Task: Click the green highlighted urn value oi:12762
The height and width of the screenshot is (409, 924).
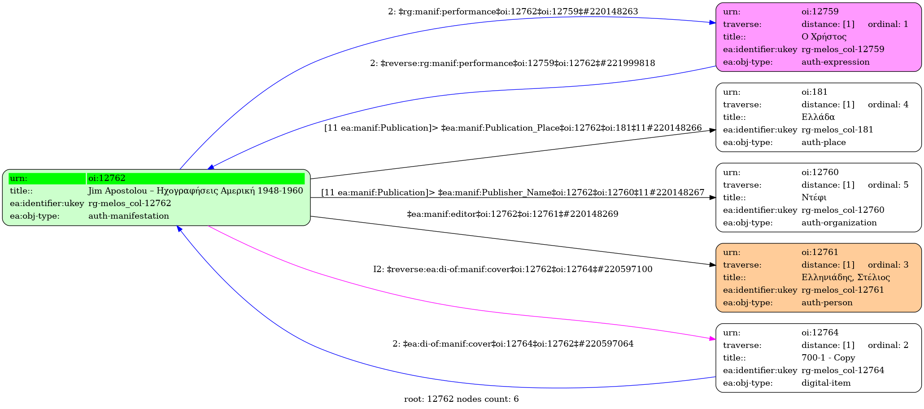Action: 107,178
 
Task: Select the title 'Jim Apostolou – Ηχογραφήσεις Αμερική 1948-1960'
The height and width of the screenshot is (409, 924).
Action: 196,191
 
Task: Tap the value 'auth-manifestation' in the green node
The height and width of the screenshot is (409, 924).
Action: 128,216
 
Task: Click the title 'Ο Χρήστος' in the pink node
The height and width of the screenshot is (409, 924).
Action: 824,37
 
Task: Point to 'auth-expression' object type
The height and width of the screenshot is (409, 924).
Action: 835,62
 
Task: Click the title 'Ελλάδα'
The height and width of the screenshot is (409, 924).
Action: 818,117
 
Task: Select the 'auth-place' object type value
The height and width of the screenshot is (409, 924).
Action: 823,142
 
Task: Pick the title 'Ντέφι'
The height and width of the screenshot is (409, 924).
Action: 814,198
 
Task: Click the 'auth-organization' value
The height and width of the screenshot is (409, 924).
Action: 839,223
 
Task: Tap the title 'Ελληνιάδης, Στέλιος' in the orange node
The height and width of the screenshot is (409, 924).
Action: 845,277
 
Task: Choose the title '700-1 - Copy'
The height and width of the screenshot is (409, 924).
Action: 828,358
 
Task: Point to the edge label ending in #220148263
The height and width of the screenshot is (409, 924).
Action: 513,12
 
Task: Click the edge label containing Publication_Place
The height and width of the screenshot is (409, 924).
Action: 513,128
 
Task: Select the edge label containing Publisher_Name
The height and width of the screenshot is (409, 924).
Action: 513,193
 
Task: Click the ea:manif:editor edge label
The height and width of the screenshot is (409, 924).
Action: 512,214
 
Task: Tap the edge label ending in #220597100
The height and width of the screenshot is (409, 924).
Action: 513,269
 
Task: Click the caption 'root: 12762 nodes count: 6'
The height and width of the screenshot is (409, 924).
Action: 461,399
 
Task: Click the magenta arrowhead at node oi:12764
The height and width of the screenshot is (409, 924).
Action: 712,339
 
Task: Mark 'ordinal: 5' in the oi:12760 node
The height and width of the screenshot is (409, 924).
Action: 888,185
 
